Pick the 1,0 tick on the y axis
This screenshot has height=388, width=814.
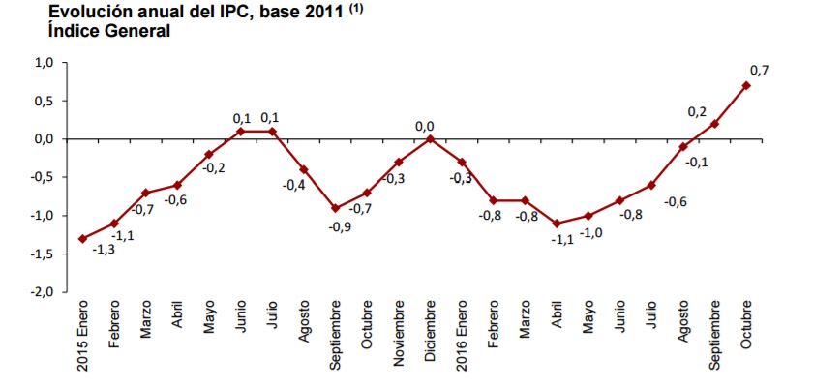[44, 62]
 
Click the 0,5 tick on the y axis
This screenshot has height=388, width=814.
[44, 101]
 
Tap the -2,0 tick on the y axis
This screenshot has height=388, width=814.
[42, 292]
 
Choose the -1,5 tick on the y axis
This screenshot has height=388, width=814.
[42, 254]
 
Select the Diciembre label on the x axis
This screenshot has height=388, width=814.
[430, 338]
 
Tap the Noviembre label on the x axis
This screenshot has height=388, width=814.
[398, 337]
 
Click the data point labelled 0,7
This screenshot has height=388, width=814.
[745, 85]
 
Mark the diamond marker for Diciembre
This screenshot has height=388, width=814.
[430, 138]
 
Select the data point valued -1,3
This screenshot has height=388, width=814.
[82, 238]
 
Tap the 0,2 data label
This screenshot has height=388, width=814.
[698, 110]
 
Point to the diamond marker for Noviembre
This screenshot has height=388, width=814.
[398, 162]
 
